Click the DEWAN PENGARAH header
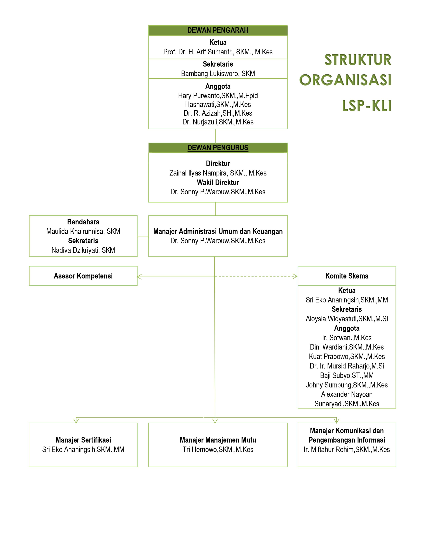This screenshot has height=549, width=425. coord(218,30)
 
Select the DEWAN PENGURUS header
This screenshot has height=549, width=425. coord(218,148)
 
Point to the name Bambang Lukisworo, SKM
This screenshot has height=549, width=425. coord(218,74)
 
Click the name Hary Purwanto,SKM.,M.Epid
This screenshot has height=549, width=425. coord(218,96)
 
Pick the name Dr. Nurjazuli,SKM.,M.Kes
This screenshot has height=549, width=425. coord(218,122)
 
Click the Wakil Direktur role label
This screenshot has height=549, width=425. coord(218,183)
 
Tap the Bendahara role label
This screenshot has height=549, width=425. coord(83,222)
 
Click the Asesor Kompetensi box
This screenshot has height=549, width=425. coord(83,276)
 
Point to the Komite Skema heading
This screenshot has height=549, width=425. coord(347,276)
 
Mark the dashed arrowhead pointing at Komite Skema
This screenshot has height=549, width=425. coord(295,276)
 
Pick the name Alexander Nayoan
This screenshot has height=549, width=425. coord(347,394)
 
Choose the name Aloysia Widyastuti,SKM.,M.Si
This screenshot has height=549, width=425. coord(347,319)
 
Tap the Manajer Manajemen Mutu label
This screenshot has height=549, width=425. coord(218,440)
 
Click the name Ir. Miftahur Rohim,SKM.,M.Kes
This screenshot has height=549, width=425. coord(347,450)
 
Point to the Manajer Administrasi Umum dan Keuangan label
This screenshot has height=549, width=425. coord(218,232)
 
